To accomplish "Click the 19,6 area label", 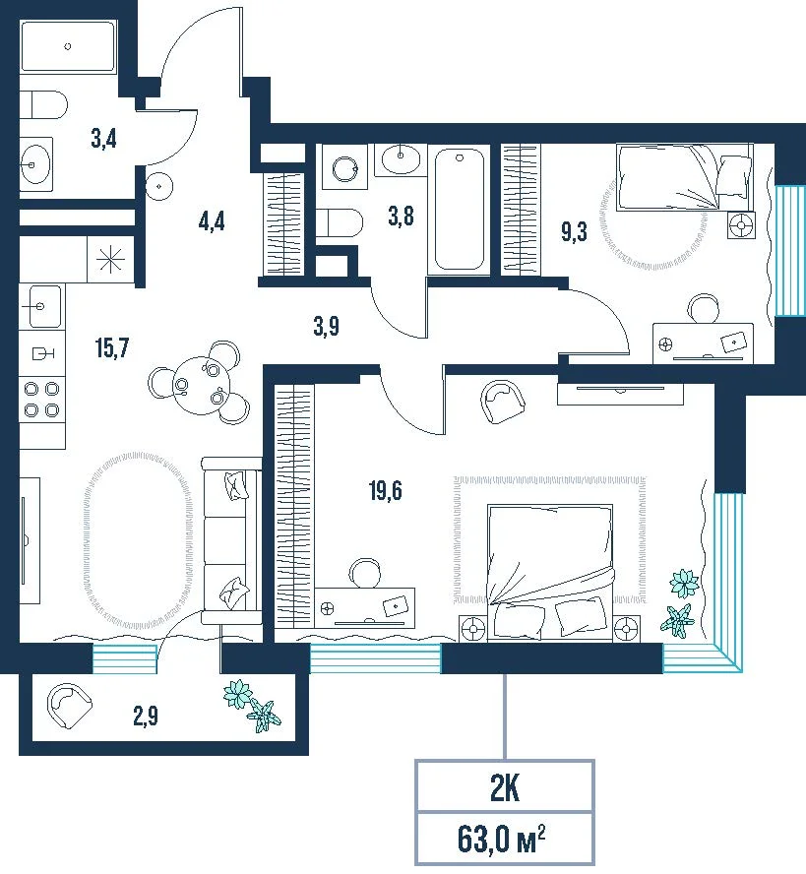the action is [x=385, y=491].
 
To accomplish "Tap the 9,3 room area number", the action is [x=574, y=230].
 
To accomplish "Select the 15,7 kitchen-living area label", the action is [x=112, y=347].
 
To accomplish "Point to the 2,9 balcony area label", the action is [x=146, y=716].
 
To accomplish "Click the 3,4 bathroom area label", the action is [x=103, y=138].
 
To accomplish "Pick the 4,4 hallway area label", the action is [x=212, y=221].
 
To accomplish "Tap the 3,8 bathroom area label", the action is [x=402, y=216].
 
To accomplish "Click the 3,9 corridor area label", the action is [x=326, y=326].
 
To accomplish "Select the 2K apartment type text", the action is [x=505, y=788].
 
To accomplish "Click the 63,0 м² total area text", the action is [x=501, y=840].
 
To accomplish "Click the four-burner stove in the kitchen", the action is [x=41, y=400].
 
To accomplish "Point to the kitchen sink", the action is [x=40, y=306].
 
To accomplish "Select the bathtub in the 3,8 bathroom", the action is [x=459, y=209].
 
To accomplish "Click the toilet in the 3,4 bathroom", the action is [x=43, y=104].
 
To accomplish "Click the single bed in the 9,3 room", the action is [x=685, y=177].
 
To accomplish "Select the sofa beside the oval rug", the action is [x=231, y=540].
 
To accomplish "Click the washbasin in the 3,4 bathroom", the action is [x=36, y=164].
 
